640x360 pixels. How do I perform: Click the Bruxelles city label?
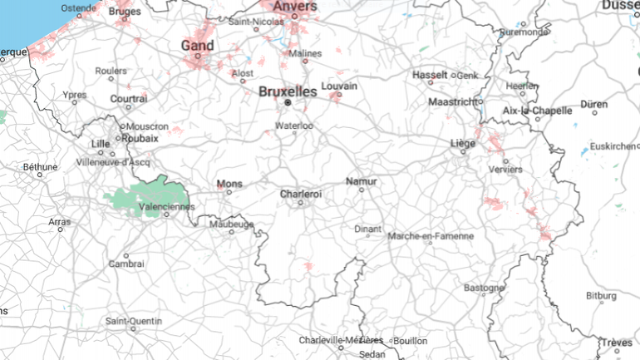coord(288,91)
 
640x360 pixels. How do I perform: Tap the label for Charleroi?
coord(301,194)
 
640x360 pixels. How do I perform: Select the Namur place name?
coord(361,180)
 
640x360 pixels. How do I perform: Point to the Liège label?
coord(463,143)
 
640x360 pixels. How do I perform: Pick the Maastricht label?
coord(454,101)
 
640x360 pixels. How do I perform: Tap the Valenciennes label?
coord(167,206)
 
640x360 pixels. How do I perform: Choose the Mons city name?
coord(229,183)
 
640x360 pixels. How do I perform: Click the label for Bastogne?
coord(484,288)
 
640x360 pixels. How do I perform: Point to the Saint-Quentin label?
coord(134,320)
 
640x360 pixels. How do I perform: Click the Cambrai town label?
coord(126,264)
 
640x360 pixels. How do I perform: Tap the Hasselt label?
coord(431,75)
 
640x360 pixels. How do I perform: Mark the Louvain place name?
coord(338,86)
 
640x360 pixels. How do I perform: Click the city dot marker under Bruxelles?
coord(288,102)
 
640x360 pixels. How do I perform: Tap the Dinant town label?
coord(367,228)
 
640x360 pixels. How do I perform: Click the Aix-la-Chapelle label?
coord(538,110)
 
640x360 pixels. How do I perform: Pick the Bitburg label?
coord(601,295)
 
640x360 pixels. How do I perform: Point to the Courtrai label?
coord(129,98)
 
